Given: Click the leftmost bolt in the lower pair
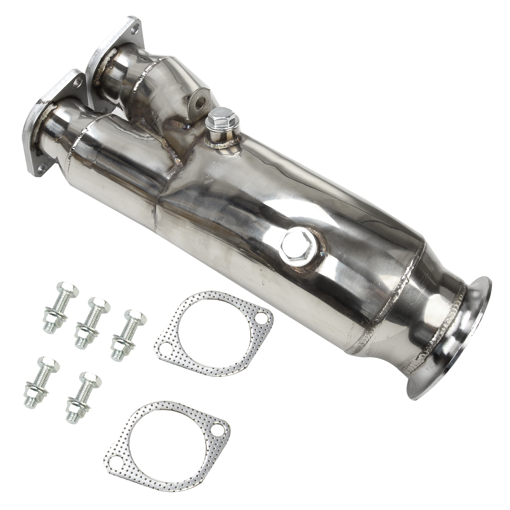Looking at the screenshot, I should click(41, 382).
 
